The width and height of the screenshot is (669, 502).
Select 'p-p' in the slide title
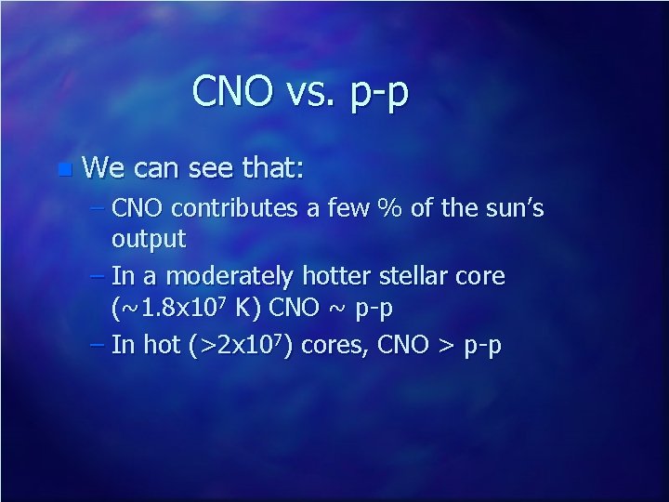coord(377,95)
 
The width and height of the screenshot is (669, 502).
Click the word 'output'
coord(149,239)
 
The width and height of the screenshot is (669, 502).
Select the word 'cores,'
coord(329,346)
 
